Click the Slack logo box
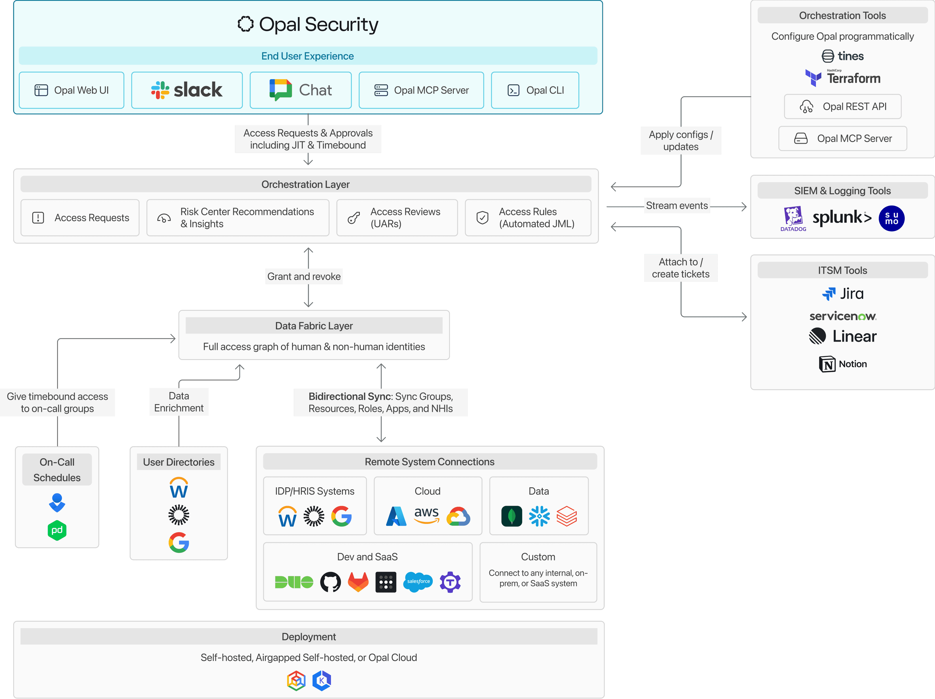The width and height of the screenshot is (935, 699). point(187,90)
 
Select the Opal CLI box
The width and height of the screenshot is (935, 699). point(535,90)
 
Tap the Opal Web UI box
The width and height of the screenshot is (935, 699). point(72,90)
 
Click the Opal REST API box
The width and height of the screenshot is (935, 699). point(842,107)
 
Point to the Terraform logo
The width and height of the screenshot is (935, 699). point(842,78)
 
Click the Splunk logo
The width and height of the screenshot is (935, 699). point(842,217)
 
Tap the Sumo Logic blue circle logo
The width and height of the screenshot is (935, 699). point(891,218)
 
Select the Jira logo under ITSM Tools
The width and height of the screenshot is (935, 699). point(842,293)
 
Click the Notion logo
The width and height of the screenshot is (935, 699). point(842,364)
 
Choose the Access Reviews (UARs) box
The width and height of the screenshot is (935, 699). point(397,217)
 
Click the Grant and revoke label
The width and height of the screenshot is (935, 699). point(304,276)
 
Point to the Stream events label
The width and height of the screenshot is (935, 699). point(677,206)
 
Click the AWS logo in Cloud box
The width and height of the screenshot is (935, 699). point(426,515)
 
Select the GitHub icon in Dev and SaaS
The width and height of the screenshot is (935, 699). point(330,582)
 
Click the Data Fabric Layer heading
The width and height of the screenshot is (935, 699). point(314,326)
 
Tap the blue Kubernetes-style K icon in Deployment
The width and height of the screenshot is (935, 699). point(322,680)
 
